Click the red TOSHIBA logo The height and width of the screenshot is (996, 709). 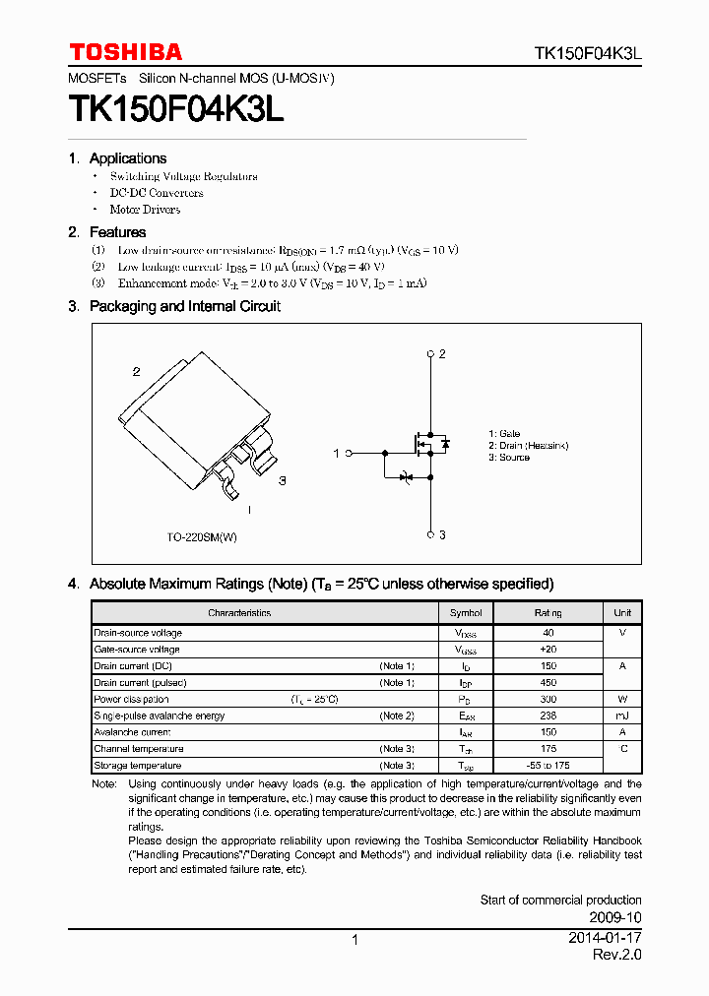coord(125,52)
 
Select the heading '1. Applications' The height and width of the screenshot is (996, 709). coord(117,158)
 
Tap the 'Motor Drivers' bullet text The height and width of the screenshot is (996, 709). coord(145,210)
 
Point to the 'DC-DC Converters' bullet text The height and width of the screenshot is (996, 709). coord(157,193)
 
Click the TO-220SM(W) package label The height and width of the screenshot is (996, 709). coord(202,537)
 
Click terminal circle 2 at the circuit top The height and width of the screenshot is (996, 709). coord(430,353)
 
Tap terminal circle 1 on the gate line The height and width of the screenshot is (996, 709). coord(348,453)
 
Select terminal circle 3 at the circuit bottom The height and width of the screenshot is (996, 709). coord(430,534)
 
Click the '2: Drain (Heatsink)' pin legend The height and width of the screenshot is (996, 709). coord(528,446)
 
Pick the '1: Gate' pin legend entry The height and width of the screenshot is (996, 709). coord(504,434)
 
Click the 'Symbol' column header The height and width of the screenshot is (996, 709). coord(466,613)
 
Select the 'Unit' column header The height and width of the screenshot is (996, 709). coord(622,613)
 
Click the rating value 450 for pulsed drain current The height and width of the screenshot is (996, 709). coord(548,683)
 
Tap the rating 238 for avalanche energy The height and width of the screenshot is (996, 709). coord(548,716)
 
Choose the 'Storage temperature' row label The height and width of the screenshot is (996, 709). coord(138,766)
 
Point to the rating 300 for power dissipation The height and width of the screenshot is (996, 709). coord(548,700)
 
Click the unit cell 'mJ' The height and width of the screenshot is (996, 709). coord(622,716)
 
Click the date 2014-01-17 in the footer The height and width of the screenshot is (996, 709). coord(605,939)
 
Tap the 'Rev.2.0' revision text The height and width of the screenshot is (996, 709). coord(616,956)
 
